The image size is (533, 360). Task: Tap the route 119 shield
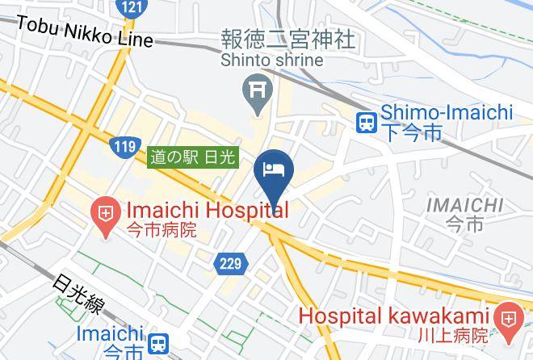[124, 147]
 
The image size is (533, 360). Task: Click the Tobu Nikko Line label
[83, 31]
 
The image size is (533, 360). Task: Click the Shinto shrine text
[273, 60]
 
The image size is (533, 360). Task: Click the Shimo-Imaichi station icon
[367, 123]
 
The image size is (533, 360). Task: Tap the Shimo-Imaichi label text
[446, 113]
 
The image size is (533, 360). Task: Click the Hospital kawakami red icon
[508, 320]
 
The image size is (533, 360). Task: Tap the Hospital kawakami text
[395, 316]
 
